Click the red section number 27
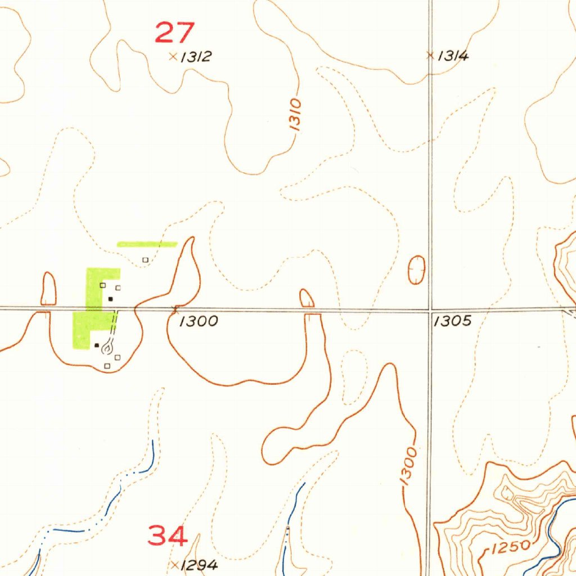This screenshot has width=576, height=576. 175,32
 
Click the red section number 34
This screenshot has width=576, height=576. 168,535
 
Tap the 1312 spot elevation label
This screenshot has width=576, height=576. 196,57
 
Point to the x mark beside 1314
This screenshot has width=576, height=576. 430,55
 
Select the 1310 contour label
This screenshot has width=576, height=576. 296,115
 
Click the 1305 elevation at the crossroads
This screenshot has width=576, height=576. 452,321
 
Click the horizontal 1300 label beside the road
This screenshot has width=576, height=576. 199,321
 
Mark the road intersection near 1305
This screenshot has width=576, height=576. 430,309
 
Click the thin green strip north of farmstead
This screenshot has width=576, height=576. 147,244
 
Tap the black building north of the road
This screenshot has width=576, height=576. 111,299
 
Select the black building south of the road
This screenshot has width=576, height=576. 97,345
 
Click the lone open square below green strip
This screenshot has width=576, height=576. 145,260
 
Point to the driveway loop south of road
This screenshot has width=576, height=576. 107,349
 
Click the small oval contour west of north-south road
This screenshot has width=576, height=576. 416,269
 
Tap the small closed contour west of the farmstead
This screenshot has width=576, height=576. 49,288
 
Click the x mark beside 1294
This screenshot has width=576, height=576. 175,564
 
